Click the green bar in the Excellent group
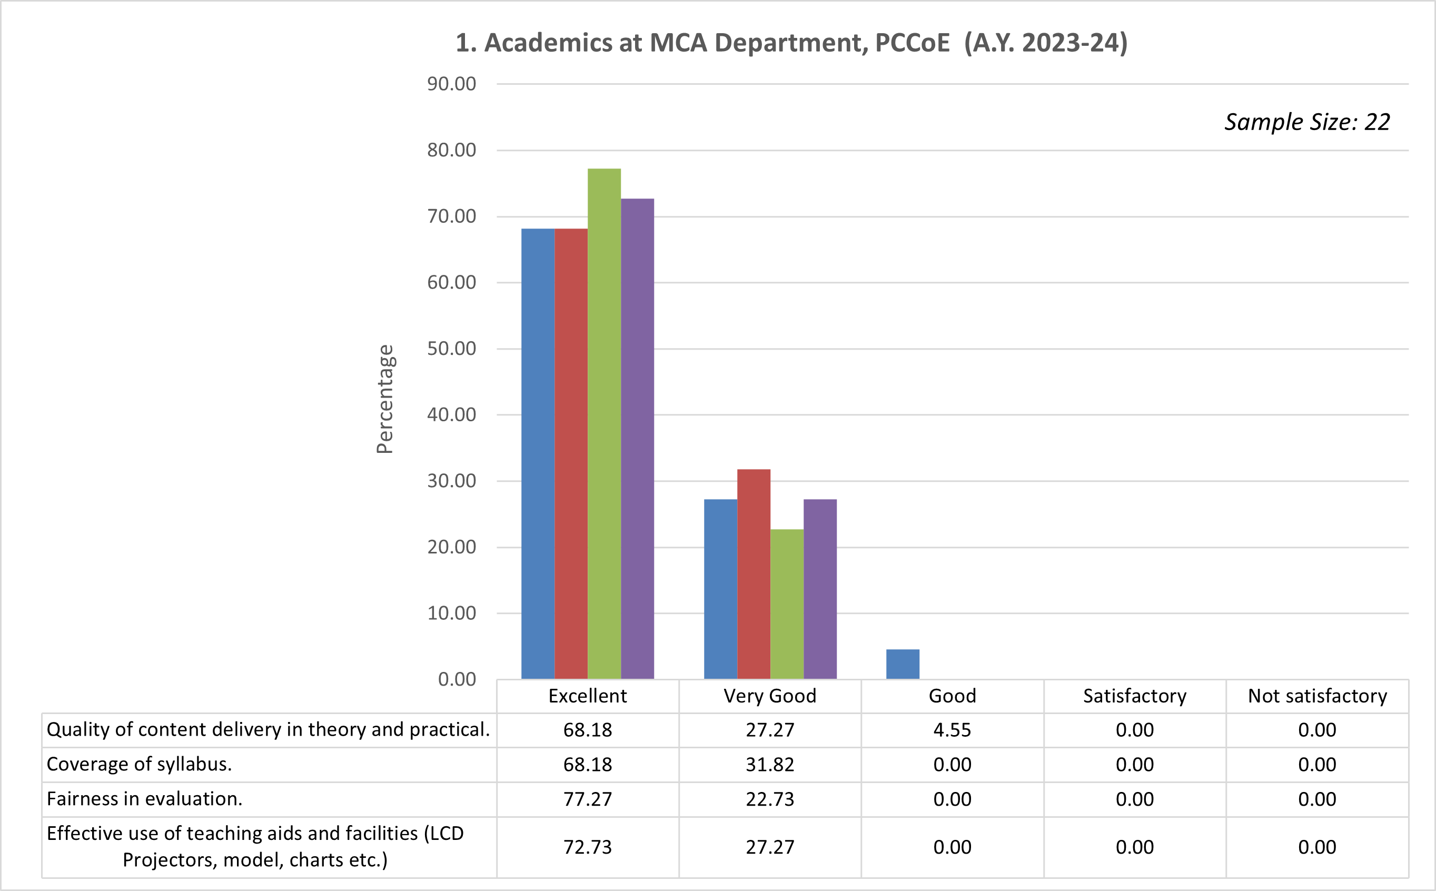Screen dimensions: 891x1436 click(604, 424)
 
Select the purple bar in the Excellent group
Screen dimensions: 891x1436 click(637, 439)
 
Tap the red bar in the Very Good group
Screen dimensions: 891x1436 click(754, 575)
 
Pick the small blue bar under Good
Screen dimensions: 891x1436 click(902, 664)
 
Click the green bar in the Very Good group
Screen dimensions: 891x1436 click(787, 604)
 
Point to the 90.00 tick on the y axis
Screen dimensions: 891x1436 click(451, 84)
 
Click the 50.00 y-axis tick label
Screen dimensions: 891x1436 click(451, 348)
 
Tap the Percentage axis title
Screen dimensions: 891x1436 click(384, 399)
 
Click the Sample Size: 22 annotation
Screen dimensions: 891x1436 click(1306, 122)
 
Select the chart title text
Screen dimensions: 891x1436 click(791, 43)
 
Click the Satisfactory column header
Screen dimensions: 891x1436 click(1134, 696)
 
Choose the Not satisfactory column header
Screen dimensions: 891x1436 click(1317, 696)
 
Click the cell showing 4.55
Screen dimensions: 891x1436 click(952, 730)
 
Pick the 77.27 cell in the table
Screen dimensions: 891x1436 click(588, 799)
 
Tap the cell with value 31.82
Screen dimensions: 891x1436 click(769, 764)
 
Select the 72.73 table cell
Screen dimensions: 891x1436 click(588, 847)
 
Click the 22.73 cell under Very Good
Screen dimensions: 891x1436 click(769, 799)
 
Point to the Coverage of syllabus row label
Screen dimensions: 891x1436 click(139, 764)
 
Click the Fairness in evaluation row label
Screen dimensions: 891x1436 click(144, 799)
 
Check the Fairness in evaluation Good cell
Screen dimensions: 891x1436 click(952, 799)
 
